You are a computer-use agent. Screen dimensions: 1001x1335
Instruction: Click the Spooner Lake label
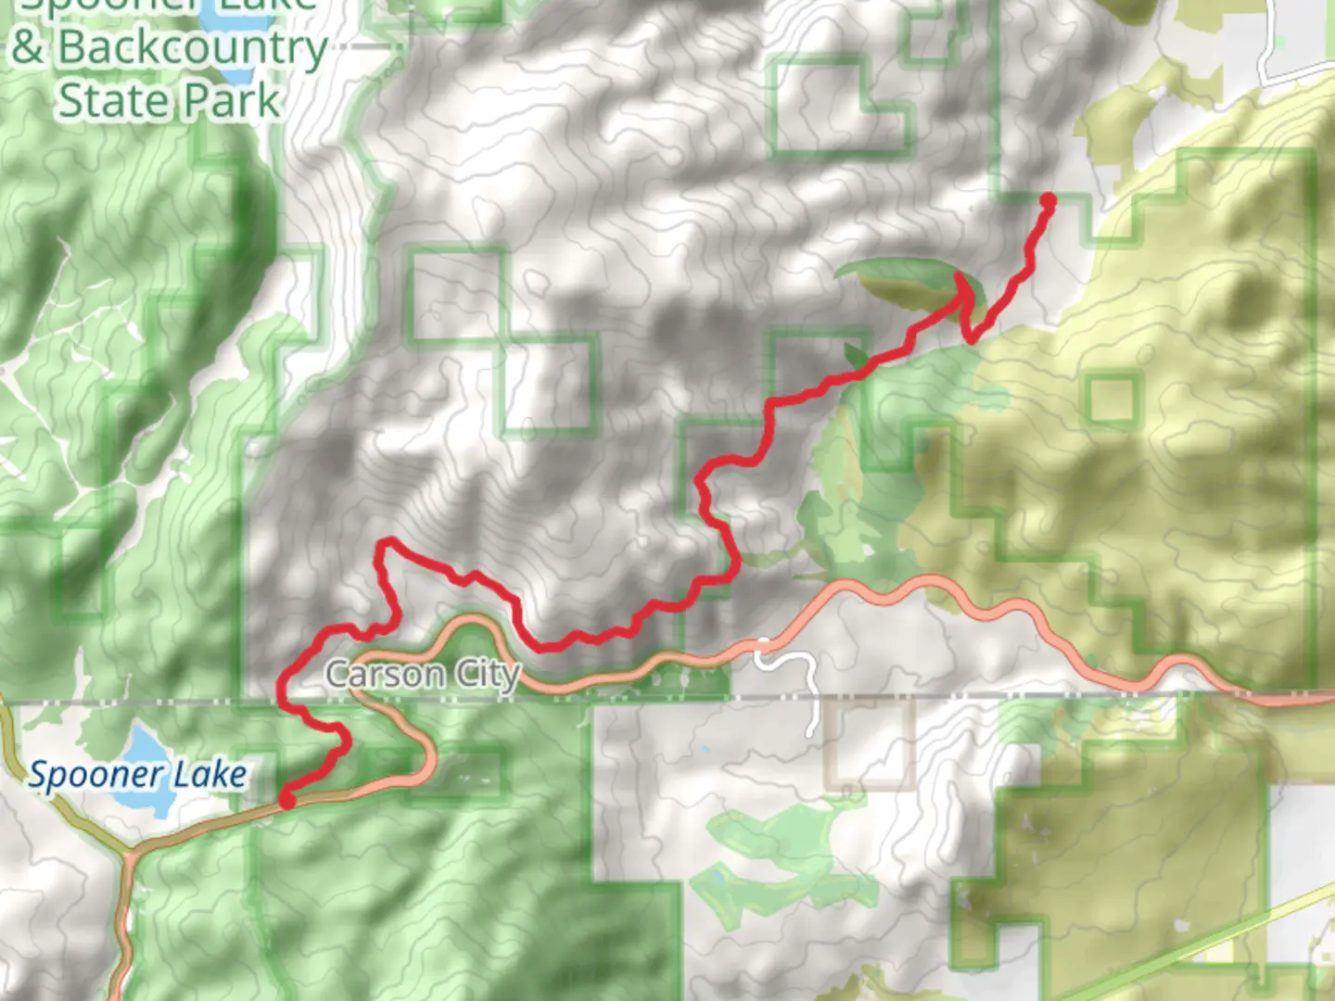click(x=137, y=775)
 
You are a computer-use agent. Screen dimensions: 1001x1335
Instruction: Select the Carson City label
click(x=422, y=674)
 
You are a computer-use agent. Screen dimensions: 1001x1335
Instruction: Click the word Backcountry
click(x=193, y=48)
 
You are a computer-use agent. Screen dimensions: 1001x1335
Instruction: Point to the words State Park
click(x=169, y=100)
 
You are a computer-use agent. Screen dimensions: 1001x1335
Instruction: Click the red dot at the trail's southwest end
click(x=288, y=799)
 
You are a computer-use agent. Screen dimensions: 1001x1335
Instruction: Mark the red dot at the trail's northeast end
click(x=1049, y=200)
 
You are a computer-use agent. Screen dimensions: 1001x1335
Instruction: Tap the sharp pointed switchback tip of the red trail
click(x=965, y=277)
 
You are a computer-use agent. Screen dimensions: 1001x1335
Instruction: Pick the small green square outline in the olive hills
click(x=1112, y=399)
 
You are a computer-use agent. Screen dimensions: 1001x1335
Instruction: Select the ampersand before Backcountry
click(x=28, y=48)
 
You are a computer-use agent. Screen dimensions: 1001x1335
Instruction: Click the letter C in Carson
click(x=338, y=674)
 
